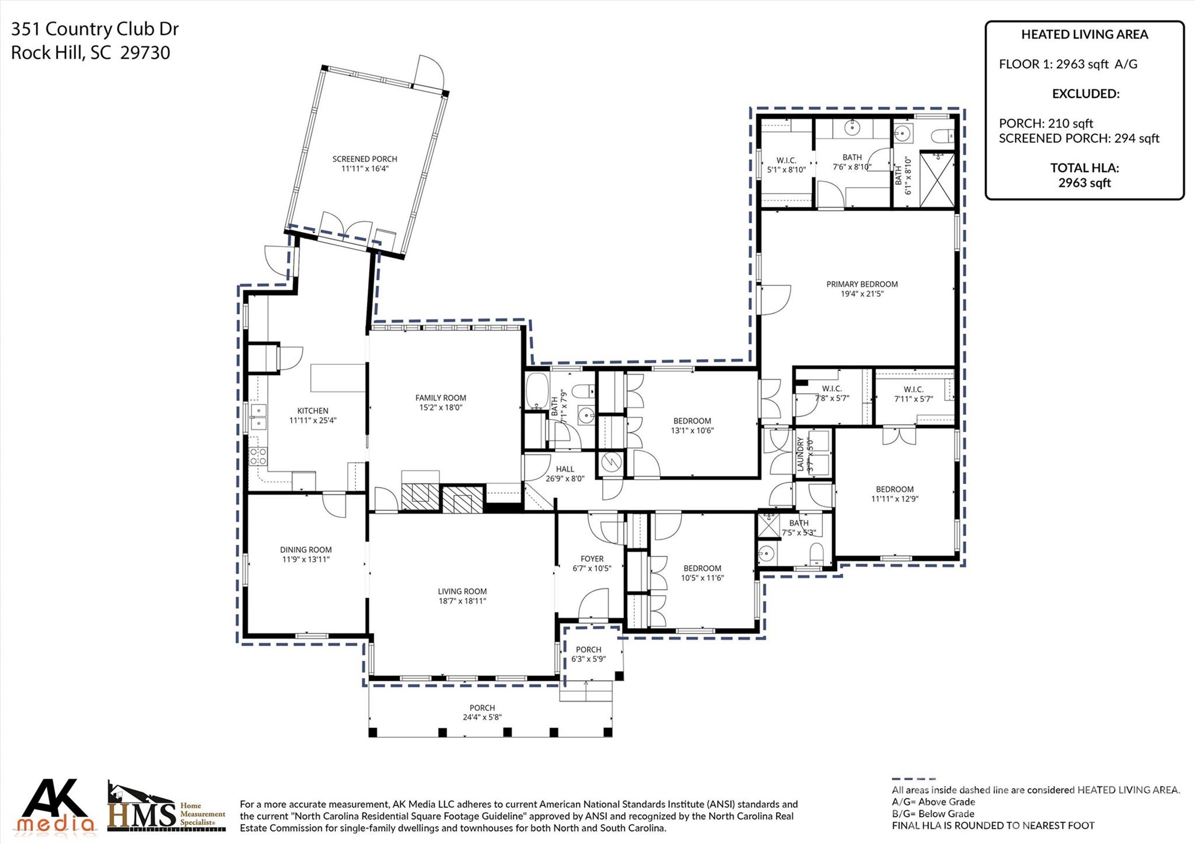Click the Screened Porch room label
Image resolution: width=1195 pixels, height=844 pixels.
click(x=365, y=159)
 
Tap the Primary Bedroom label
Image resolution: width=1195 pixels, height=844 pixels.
click(x=862, y=284)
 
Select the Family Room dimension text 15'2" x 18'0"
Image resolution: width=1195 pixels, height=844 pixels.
click(x=441, y=408)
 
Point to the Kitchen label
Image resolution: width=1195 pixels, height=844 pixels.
click(x=313, y=411)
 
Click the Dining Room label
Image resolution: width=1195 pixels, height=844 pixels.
click(x=306, y=549)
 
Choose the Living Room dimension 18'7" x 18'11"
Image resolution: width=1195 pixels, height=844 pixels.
click(x=463, y=601)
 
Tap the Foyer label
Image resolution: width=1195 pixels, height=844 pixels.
click(x=592, y=559)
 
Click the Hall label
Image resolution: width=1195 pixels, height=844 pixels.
click(x=565, y=469)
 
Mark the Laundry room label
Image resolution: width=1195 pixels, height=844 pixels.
click(x=801, y=455)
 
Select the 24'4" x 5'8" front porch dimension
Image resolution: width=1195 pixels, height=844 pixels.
click(x=482, y=717)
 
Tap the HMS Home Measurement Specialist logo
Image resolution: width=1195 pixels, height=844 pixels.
click(x=167, y=807)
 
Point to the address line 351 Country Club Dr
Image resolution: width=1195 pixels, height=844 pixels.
click(x=95, y=29)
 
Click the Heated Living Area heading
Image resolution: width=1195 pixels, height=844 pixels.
click(x=1084, y=34)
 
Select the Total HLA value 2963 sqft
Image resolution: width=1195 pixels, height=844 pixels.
click(x=1084, y=183)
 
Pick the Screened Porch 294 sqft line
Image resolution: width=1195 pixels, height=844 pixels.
click(x=1079, y=139)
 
